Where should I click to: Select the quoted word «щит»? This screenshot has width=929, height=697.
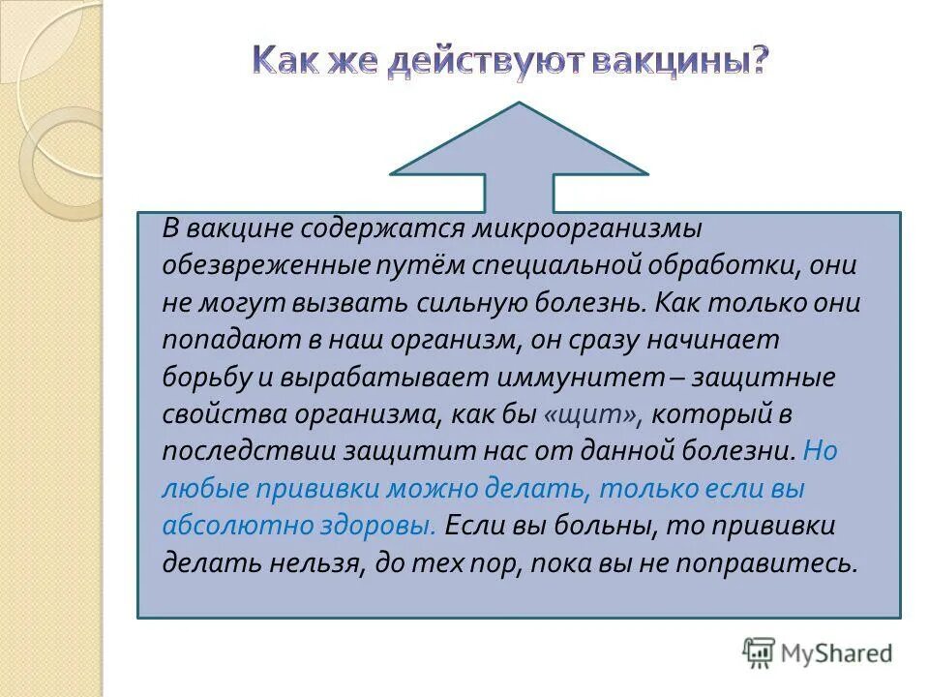tap(592, 414)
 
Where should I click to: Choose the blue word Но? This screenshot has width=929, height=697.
tap(819, 452)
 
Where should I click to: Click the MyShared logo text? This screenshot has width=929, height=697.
tap(837, 652)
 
